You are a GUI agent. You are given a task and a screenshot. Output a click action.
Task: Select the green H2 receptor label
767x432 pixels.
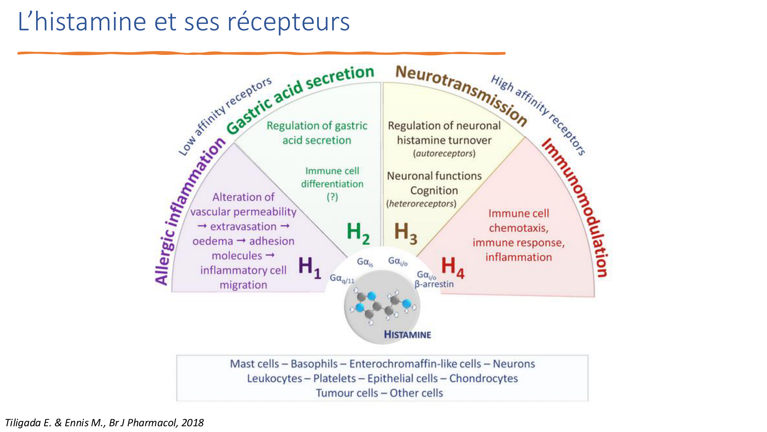pos(358,233)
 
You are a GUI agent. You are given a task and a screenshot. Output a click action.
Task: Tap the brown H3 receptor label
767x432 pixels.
pos(405,233)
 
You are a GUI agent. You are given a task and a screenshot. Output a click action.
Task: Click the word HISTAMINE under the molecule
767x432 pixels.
pos(407,334)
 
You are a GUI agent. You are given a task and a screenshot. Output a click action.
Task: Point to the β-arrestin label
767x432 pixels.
pos(434,284)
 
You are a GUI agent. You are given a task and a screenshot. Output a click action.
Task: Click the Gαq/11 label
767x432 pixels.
pos(342,279)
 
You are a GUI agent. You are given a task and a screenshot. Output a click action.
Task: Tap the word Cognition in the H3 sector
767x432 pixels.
pos(434,190)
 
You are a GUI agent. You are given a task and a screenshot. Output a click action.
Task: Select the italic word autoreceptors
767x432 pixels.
pos(444,154)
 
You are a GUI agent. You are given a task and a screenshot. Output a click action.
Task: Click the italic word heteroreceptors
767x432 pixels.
pos(421,204)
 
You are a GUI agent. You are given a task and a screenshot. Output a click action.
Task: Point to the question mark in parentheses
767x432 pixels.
pos(332,197)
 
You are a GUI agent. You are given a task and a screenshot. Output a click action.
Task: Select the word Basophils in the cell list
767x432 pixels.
pos(314,364)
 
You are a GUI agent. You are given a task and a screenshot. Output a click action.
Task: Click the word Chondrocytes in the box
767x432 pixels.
pos(483,379)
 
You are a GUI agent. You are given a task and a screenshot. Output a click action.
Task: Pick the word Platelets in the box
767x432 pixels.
pos(334,379)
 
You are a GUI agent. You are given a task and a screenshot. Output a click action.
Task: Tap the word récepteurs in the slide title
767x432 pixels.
pos(288,22)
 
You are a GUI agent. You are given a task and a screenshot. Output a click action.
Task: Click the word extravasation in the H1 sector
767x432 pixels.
pos(243,227)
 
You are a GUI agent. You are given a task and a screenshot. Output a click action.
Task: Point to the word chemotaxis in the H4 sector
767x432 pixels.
pos(518,228)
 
